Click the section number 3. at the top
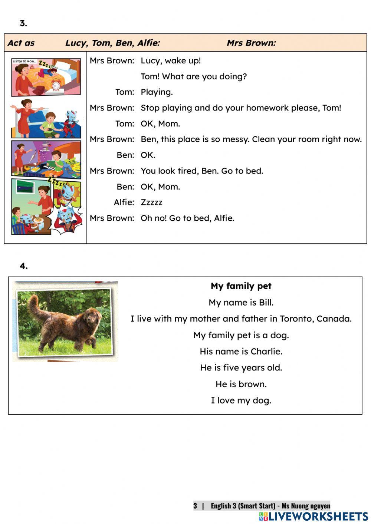tap(23, 23)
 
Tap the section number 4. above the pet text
tap(24, 266)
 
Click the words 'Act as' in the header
tap(21, 43)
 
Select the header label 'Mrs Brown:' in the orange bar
tap(251, 43)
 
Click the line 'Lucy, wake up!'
tap(171, 61)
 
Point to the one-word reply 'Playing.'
tap(157, 92)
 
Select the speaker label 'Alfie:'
tap(124, 202)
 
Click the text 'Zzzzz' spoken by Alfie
tap(151, 202)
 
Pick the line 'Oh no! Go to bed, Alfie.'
tap(187, 218)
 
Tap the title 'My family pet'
tap(241, 286)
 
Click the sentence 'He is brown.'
tap(241, 384)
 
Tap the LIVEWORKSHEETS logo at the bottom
tap(313, 516)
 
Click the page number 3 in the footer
tap(195, 505)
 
